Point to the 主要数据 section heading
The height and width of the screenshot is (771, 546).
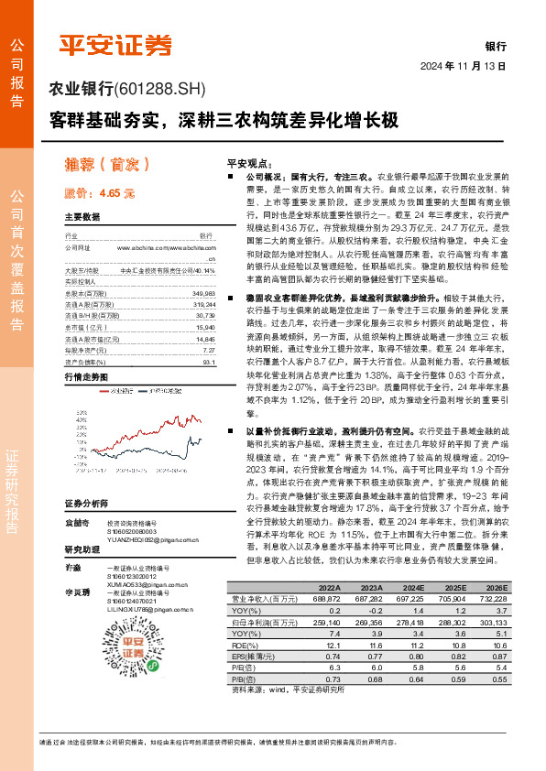pyautogui.click(x=82, y=217)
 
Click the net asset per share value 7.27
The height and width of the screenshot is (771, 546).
pyautogui.click(x=209, y=349)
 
